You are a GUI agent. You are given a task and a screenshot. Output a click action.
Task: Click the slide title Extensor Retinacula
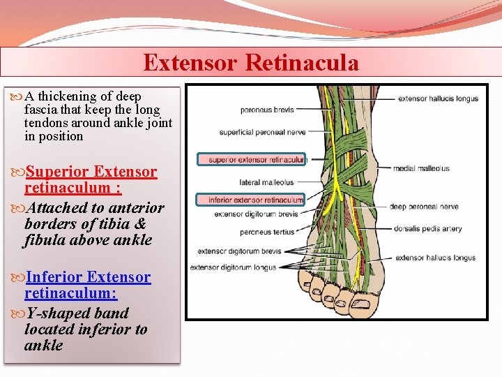[251, 63]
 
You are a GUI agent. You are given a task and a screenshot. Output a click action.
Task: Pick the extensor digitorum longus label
[233, 267]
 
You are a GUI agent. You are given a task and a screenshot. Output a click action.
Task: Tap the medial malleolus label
[421, 168]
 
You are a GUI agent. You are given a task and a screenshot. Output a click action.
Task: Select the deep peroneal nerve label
[424, 207]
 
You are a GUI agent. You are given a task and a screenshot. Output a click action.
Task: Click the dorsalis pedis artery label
[427, 228]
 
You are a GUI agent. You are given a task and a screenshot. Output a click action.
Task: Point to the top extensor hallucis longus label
[438, 98]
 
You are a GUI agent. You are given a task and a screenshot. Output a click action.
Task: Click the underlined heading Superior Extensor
[91, 172]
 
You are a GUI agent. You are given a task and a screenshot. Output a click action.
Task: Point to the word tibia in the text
[114, 224]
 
